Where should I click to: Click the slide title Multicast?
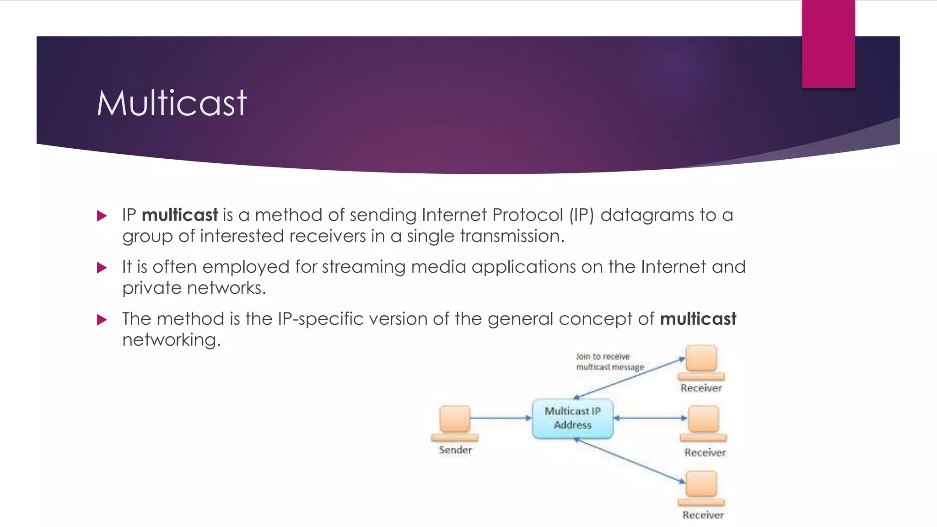point(172,103)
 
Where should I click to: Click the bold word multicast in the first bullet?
point(180,215)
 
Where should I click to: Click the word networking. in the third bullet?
point(171,340)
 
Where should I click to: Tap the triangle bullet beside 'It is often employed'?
point(102,268)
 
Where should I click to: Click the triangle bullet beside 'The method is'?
point(102,320)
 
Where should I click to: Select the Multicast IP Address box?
point(572,418)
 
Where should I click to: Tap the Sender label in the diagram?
point(455,450)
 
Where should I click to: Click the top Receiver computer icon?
point(701,362)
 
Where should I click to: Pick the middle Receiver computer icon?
point(703,423)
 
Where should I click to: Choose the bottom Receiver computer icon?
point(701,488)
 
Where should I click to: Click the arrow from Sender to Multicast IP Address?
point(501,418)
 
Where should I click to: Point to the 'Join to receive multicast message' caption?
point(609,361)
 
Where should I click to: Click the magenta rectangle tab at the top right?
point(828,43)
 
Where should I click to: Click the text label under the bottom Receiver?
point(703,515)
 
